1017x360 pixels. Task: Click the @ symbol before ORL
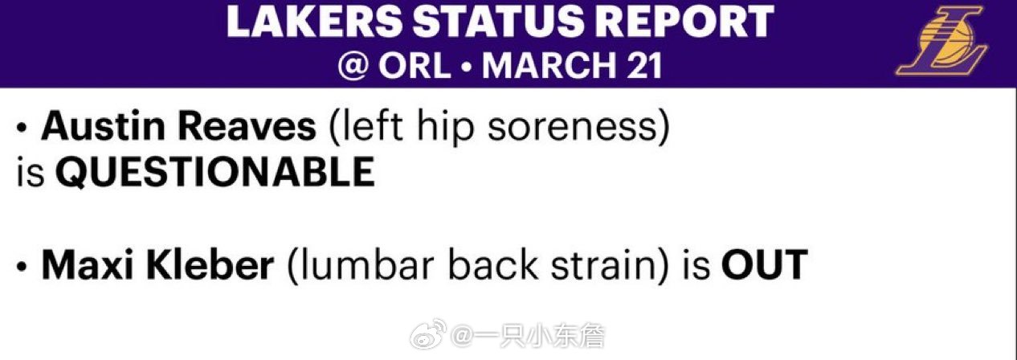pos(353,66)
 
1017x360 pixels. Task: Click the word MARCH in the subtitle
pos(549,66)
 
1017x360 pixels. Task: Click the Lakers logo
pos(941,41)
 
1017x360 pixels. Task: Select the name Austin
pos(103,126)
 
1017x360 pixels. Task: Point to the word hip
pos(445,129)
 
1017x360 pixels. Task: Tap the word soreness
pos(572,129)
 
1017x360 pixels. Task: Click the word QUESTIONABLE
pos(215,172)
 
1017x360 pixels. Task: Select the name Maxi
pos(88,264)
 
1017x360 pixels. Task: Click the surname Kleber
pos(210,264)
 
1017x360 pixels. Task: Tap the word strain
pos(604,265)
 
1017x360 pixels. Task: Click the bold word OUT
pos(764,264)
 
